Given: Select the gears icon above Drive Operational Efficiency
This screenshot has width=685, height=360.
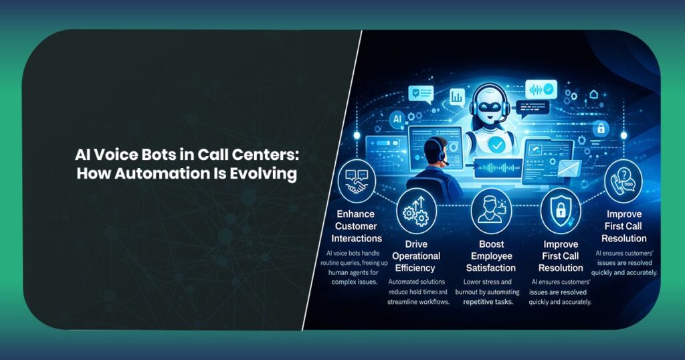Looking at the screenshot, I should [x=417, y=212].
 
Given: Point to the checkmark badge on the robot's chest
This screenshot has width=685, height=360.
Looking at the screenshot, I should [x=496, y=144].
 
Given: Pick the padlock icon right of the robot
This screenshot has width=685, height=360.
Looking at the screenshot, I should [x=601, y=128].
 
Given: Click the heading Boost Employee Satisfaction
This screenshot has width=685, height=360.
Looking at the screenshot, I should [x=491, y=257].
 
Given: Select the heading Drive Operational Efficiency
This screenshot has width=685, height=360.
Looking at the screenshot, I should [x=416, y=256].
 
